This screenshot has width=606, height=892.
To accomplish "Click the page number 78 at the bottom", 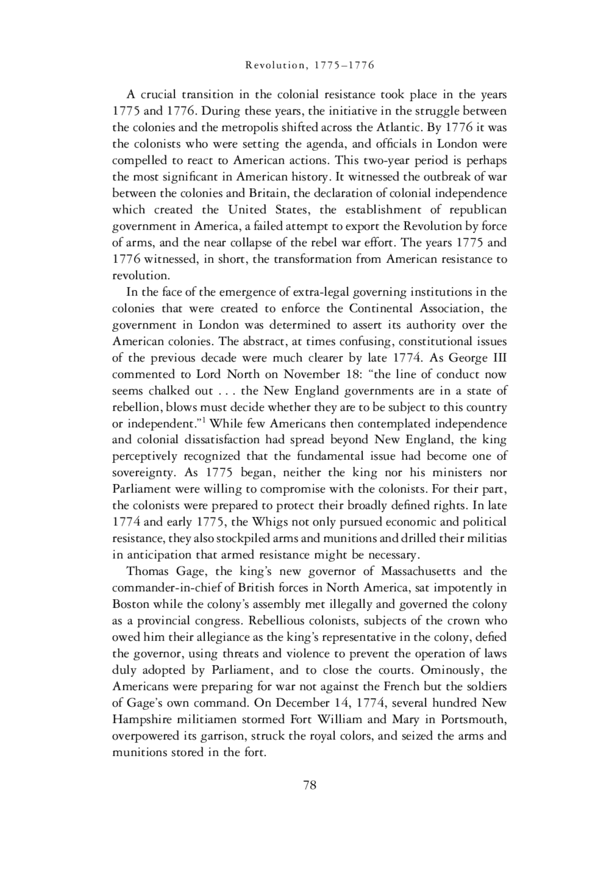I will pos(309,785).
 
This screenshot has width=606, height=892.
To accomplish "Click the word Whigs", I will pos(270,522).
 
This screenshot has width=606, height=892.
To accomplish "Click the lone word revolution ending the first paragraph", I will pos(140,276).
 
